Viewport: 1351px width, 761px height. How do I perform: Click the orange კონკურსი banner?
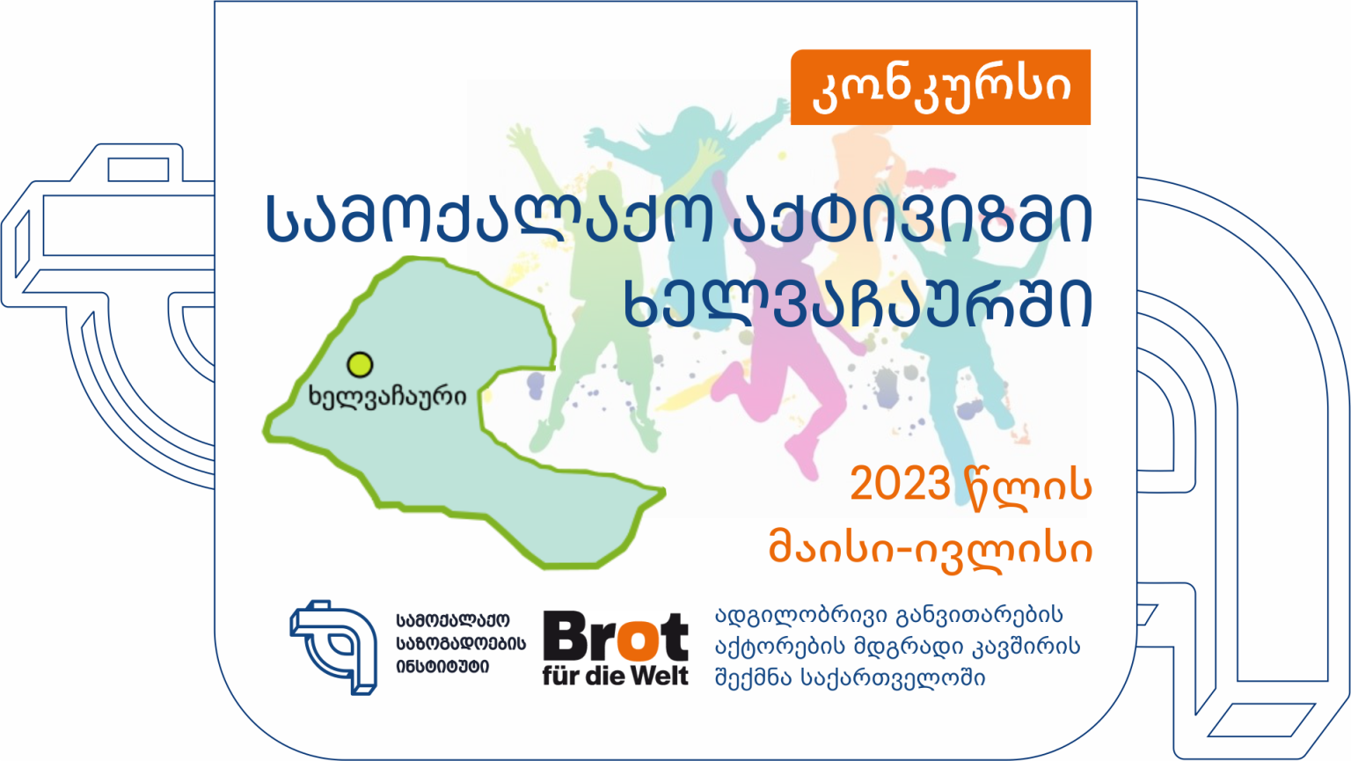pyautogui.click(x=940, y=87)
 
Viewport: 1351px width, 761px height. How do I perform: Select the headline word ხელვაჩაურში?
pyautogui.click(x=858, y=304)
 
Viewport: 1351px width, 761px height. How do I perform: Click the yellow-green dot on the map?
pyautogui.click(x=360, y=364)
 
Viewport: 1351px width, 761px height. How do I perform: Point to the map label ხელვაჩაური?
pyautogui.click(x=387, y=397)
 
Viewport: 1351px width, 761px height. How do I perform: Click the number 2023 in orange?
pyautogui.click(x=900, y=484)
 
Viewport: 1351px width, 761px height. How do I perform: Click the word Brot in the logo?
pyautogui.click(x=616, y=636)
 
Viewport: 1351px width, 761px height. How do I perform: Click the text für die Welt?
pyautogui.click(x=616, y=676)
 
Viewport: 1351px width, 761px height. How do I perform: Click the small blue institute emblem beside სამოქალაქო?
pyautogui.click(x=334, y=648)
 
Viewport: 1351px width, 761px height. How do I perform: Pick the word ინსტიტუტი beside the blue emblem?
pyautogui.click(x=442, y=668)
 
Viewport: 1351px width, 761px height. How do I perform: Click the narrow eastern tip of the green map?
pyautogui.click(x=663, y=493)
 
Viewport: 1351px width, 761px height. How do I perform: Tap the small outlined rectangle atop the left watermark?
pyautogui.click(x=138, y=170)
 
